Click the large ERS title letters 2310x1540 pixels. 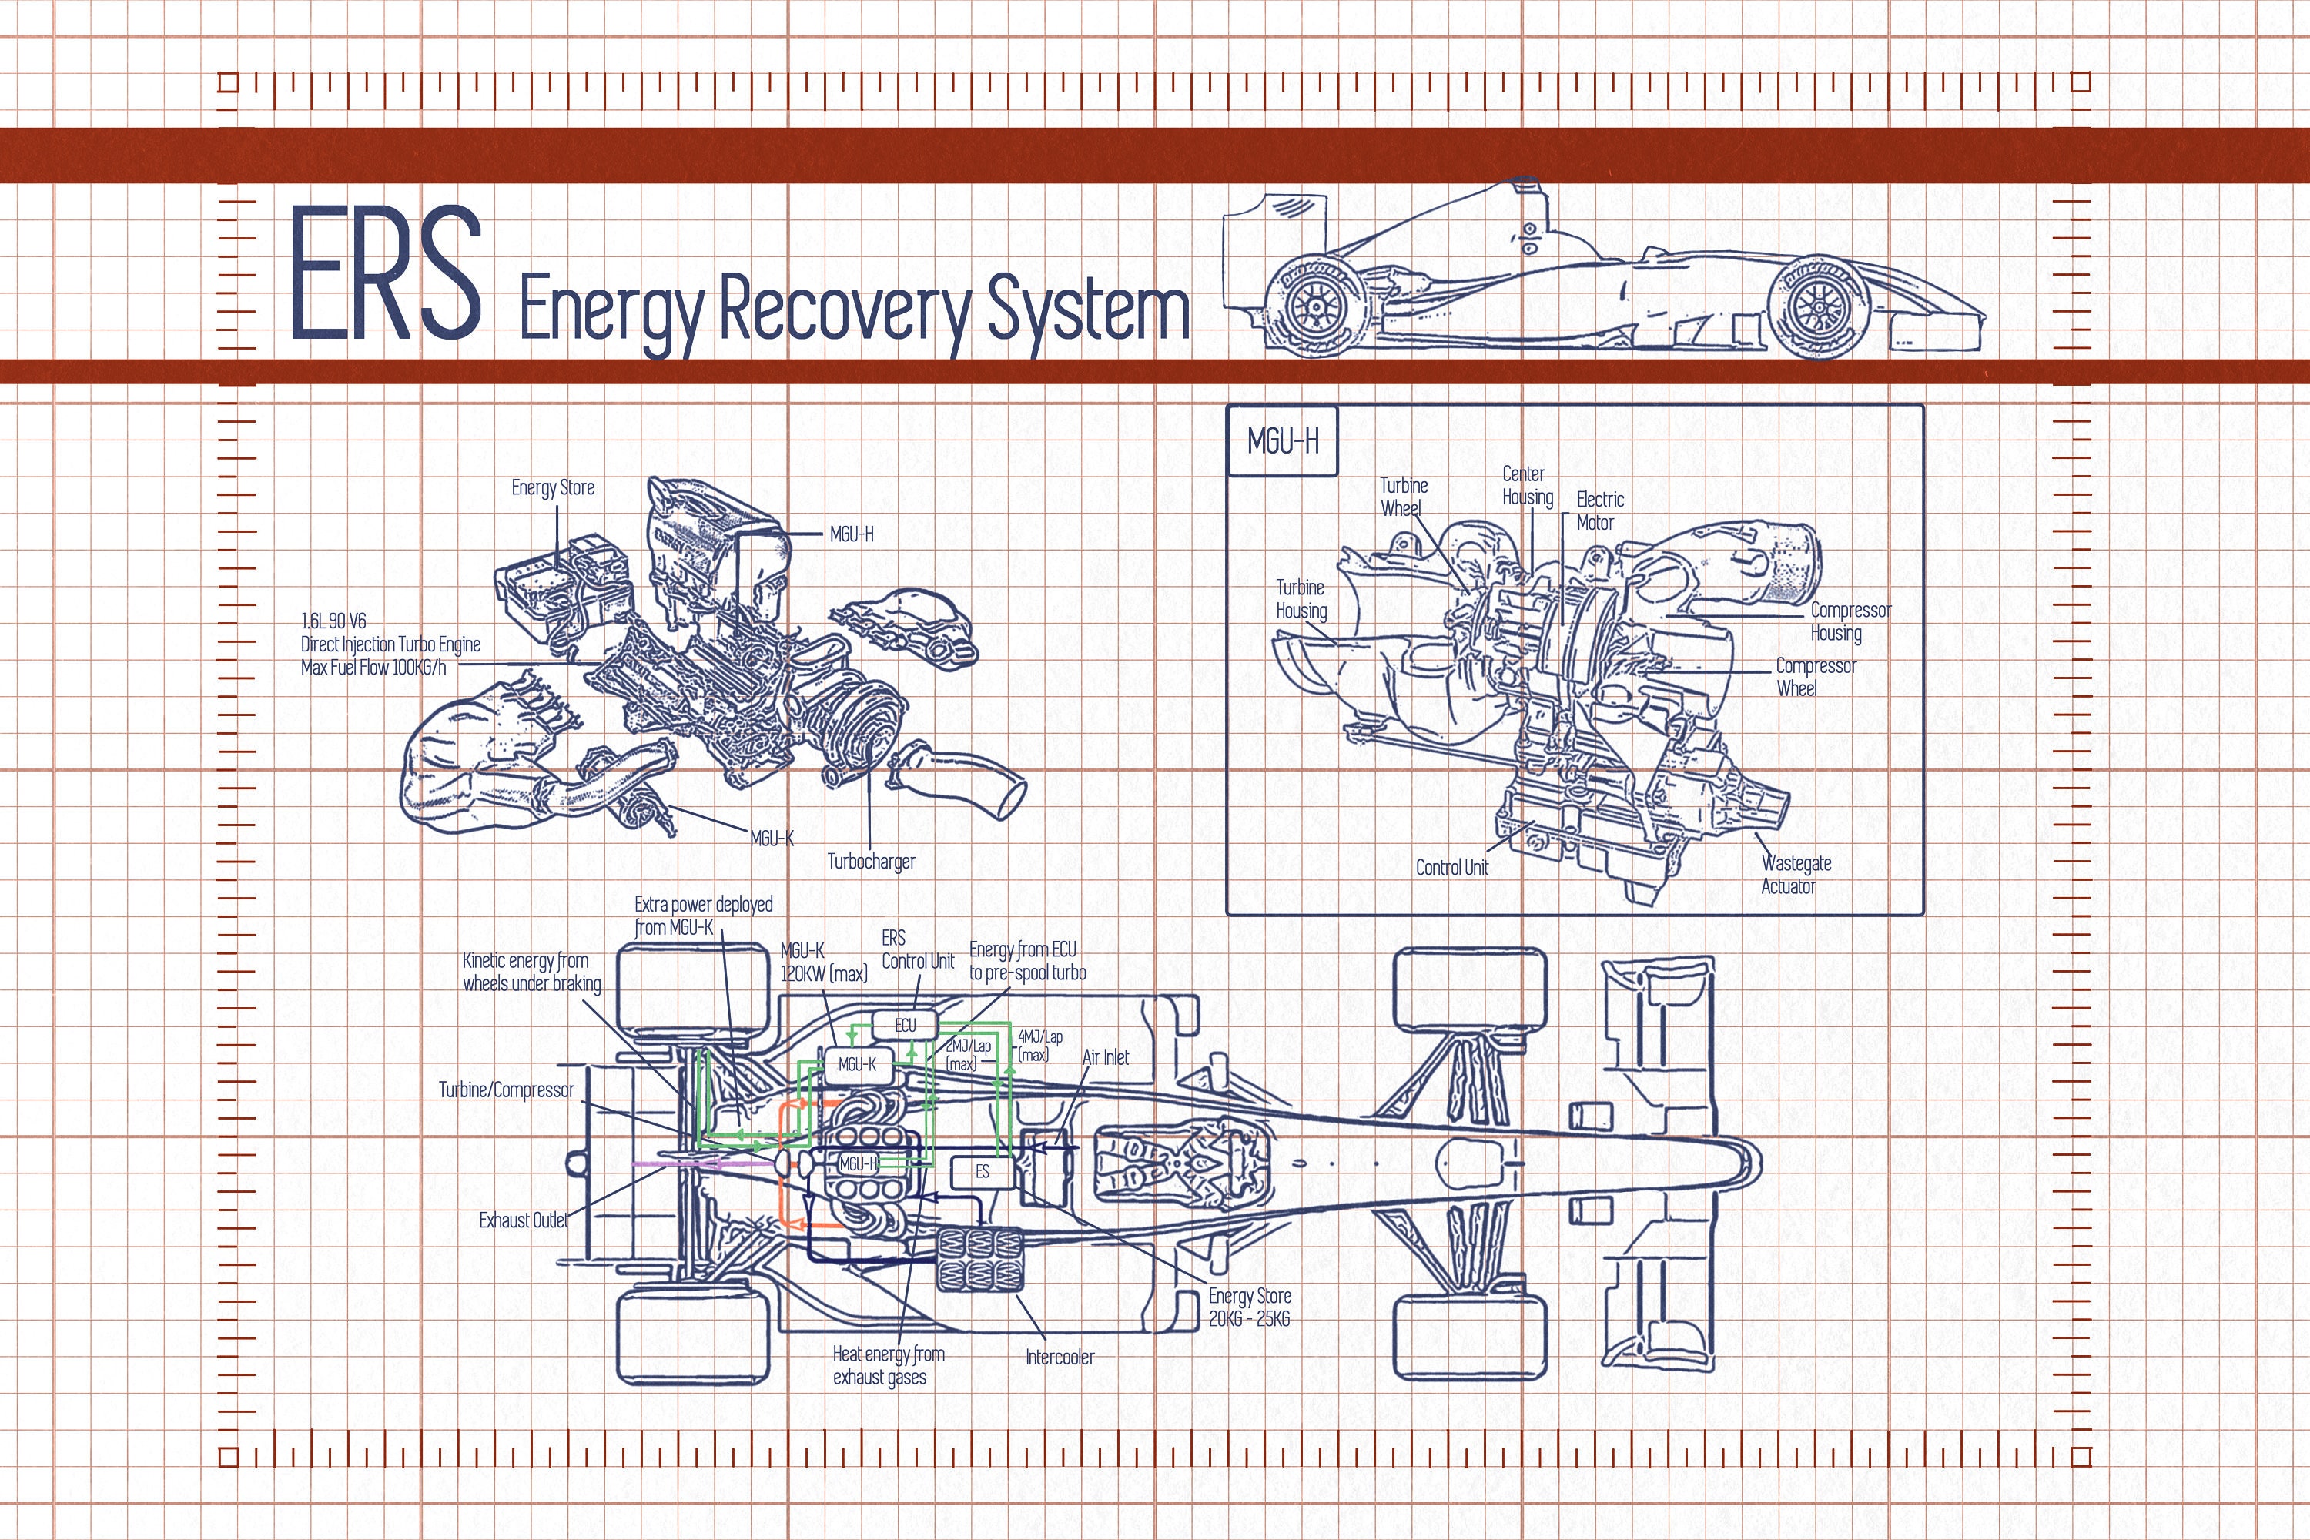(386, 274)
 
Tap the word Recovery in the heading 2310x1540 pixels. (845, 310)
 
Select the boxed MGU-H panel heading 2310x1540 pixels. (1282, 442)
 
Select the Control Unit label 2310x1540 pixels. (1451, 867)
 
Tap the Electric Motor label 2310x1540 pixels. (1599, 511)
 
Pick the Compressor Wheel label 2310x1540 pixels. (1815, 677)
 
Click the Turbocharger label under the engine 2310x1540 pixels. (871, 862)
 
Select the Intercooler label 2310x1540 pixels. (1059, 1356)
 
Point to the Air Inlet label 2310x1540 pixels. (1105, 1056)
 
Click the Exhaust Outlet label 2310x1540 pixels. (524, 1220)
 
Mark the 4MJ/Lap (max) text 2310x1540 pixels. (1039, 1045)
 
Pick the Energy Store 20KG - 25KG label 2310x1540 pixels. (1249, 1307)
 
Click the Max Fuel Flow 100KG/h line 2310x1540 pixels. (373, 668)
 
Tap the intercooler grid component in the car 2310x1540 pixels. (979, 1259)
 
